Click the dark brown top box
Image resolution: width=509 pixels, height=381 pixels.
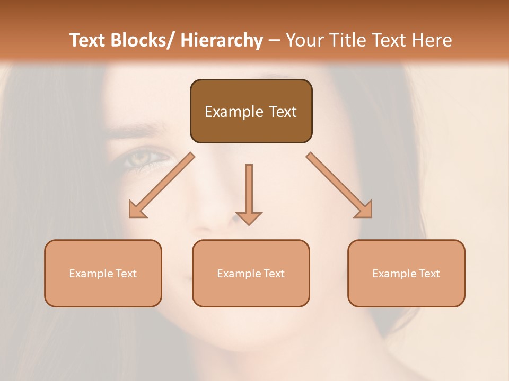click(251, 111)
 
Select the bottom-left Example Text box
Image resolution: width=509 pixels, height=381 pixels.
click(103, 273)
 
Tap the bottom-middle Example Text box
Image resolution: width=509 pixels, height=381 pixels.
click(251, 273)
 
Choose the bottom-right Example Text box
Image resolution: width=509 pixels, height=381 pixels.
click(406, 273)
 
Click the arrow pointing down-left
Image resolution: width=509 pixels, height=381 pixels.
click(162, 185)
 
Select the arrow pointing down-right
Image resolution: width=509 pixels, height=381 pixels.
click(339, 185)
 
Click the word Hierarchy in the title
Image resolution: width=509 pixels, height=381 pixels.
click(222, 40)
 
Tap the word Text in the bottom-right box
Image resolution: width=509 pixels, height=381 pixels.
click(429, 273)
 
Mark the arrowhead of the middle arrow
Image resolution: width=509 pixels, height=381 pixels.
click(249, 217)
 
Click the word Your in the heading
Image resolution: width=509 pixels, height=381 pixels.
click(305, 40)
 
